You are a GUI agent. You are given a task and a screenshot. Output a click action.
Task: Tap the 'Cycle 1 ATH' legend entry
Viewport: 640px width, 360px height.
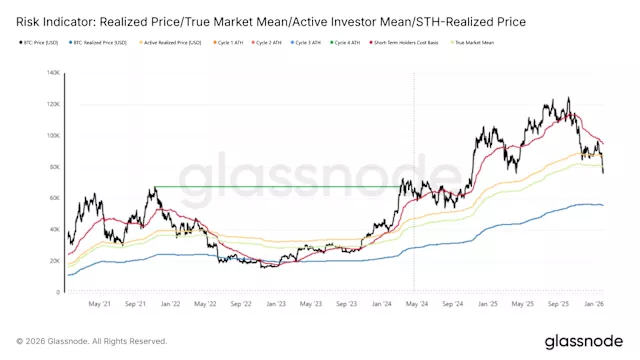click(236, 42)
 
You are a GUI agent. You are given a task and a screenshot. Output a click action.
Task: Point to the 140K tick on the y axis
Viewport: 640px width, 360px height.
click(52, 73)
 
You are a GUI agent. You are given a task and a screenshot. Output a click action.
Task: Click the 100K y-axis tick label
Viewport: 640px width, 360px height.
click(52, 135)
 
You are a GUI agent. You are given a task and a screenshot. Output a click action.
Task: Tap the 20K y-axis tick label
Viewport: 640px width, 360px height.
click(54, 261)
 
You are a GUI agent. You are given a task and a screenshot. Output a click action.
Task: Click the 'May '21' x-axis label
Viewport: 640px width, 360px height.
click(99, 303)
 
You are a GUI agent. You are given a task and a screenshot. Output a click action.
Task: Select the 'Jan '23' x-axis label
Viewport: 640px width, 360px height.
click(276, 303)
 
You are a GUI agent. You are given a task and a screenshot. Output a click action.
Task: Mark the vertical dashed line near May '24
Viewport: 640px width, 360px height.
click(413, 240)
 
